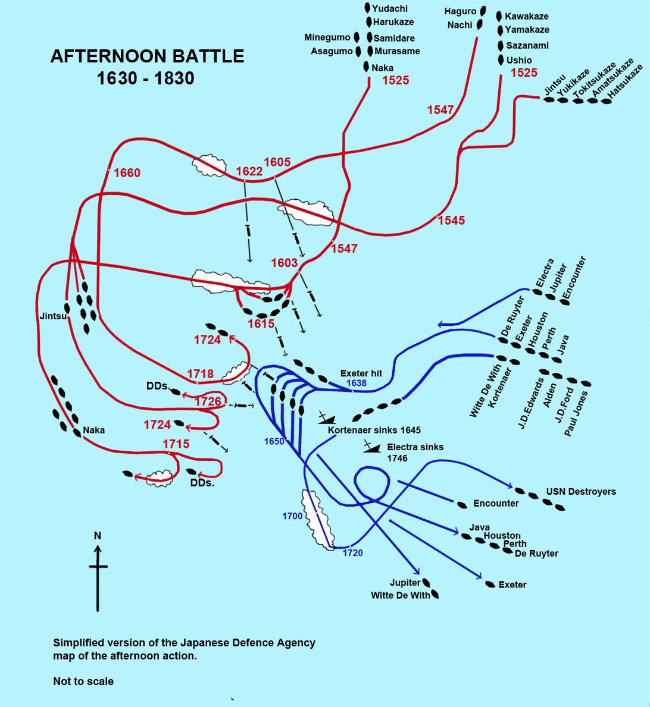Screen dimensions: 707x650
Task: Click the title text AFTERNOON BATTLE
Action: point(147,56)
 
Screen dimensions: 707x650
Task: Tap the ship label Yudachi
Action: point(389,8)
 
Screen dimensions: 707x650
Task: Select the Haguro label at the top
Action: point(460,11)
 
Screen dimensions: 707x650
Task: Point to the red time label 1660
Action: point(127,173)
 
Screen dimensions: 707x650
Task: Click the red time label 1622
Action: point(249,171)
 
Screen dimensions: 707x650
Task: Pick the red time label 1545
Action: point(451,221)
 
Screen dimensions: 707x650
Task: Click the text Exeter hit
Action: point(361,373)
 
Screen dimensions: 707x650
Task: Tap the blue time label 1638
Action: point(356,384)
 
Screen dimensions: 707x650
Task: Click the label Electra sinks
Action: point(415,447)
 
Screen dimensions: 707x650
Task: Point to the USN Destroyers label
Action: point(581,492)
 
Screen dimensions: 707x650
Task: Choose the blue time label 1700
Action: point(292,516)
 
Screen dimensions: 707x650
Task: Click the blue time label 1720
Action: point(352,553)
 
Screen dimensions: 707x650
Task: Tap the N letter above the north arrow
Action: point(98,536)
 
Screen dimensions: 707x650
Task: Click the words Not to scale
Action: point(83,681)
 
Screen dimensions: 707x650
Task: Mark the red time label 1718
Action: point(200,374)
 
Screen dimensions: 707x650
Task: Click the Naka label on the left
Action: point(93,430)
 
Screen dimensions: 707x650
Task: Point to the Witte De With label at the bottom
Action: point(400,595)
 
